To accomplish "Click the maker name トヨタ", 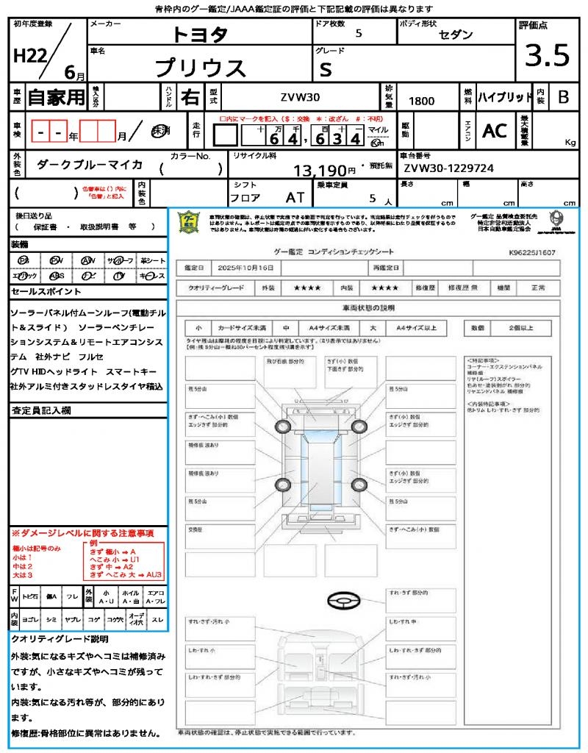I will pos(200,35).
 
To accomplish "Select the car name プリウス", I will pos(200,68).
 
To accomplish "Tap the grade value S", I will pos(326,68).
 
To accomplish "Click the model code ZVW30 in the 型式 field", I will pos(300,98).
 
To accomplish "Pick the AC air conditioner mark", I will pos(495,131).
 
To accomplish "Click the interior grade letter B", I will pos(563,97).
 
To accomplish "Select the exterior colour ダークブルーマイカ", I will pos(90,165).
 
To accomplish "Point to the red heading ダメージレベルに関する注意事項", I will pos(82,532).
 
